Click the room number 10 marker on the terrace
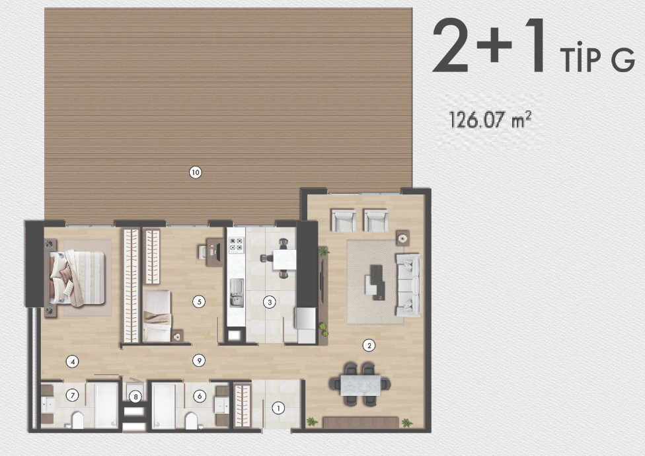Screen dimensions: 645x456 coord(196,172)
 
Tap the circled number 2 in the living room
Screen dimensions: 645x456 coord(369,346)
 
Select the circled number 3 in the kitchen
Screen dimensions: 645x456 coord(270,303)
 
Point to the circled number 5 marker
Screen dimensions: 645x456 coord(199,302)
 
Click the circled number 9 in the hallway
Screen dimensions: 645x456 coord(199,361)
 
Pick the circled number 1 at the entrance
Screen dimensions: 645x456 coord(278,408)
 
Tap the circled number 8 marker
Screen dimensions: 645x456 coord(135,397)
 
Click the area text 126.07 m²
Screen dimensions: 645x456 coord(490,120)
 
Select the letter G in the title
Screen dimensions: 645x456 coord(623,61)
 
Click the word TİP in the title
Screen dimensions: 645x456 coord(580,61)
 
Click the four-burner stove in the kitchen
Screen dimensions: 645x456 coord(236,245)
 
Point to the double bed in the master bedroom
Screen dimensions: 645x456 coord(77,278)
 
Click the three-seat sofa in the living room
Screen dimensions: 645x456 coord(408,285)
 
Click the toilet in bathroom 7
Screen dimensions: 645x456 coord(77,420)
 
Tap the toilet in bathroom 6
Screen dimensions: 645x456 coord(191,420)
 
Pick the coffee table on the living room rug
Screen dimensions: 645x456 coord(375,282)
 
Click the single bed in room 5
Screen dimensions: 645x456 coord(157,316)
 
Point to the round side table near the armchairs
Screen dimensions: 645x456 coord(402,238)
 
